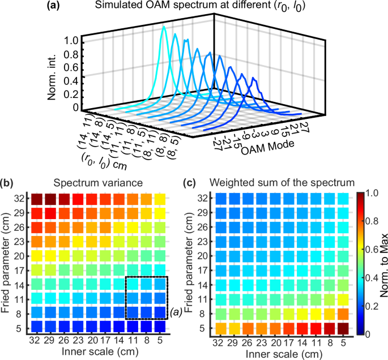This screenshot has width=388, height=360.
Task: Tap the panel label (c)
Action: point(191,183)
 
